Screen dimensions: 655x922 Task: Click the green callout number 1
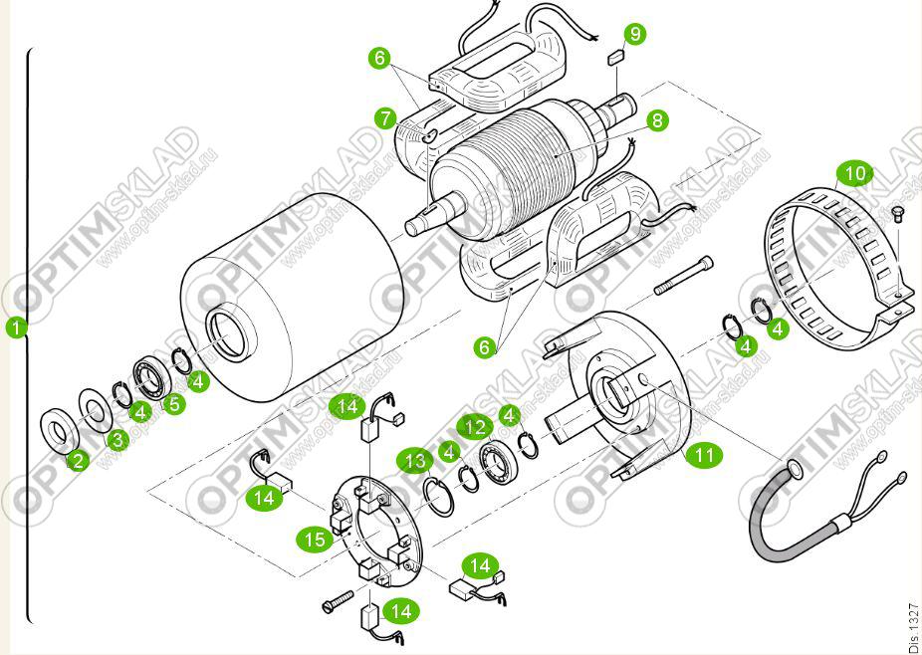(x=15, y=327)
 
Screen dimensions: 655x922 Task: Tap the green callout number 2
(x=77, y=460)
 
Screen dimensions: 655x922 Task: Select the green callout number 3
(x=118, y=438)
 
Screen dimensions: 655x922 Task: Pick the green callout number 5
(x=175, y=404)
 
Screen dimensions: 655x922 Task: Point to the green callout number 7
(x=386, y=118)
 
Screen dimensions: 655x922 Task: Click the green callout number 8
(x=655, y=120)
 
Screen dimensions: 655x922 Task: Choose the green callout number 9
(x=633, y=33)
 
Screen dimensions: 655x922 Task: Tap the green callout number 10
(x=854, y=174)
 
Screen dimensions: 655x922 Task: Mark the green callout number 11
(x=705, y=455)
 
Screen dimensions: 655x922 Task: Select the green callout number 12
(x=476, y=427)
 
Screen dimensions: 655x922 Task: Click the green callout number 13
(x=414, y=460)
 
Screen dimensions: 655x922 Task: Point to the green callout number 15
(x=315, y=539)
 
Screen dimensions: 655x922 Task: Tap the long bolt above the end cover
(x=684, y=276)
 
